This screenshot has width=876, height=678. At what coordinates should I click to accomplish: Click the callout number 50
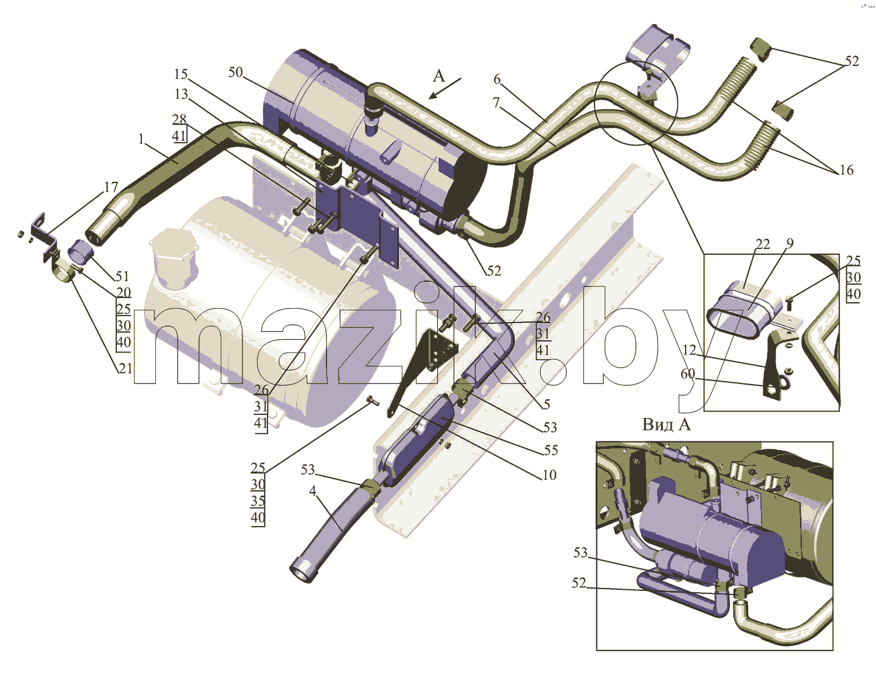tap(235, 72)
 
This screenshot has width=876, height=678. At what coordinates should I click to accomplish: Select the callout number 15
tap(181, 74)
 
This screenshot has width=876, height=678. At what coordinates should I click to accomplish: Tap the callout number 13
tap(182, 94)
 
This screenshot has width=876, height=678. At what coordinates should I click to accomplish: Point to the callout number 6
tap(497, 79)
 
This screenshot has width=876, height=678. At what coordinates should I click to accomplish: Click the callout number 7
tap(496, 102)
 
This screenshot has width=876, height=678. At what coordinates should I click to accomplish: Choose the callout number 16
tap(847, 170)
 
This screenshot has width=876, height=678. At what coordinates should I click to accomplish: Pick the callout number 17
tap(112, 187)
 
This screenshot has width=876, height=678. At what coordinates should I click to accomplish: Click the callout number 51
tap(122, 276)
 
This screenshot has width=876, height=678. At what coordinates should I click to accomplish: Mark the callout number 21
tap(125, 368)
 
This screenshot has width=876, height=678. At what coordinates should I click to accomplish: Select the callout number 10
tap(550, 475)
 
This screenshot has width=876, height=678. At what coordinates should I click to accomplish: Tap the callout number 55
tap(551, 450)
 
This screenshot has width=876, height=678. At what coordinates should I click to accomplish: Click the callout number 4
tap(312, 491)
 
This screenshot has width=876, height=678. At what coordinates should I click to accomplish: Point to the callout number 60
tap(688, 374)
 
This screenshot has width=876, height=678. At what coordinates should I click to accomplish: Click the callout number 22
tap(763, 244)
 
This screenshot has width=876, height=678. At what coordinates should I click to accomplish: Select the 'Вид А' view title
tap(666, 424)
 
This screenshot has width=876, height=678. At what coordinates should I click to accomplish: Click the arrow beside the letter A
tap(444, 88)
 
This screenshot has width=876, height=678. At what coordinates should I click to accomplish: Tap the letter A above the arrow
tap(439, 75)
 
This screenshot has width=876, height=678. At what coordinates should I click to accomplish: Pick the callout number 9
tap(790, 243)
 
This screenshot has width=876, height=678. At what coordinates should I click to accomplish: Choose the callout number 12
tap(690, 350)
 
